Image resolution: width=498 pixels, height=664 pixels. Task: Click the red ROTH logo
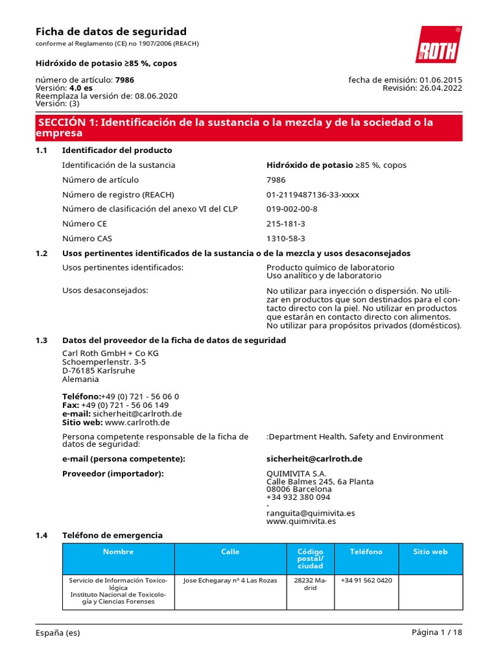438,45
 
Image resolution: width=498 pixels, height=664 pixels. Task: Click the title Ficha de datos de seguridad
111,32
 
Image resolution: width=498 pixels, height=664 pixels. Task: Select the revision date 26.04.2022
441,88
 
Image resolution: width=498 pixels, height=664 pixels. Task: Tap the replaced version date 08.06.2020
156,96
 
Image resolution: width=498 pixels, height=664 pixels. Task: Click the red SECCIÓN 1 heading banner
249,128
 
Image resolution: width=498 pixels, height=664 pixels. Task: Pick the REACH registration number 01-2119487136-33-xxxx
313,195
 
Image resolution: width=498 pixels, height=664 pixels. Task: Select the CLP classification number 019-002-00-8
292,209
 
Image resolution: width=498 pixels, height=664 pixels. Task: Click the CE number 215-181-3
285,224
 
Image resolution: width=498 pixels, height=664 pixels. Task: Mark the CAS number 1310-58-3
285,239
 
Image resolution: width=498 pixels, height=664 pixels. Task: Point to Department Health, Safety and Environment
356,437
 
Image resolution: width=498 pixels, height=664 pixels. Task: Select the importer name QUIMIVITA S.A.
296,474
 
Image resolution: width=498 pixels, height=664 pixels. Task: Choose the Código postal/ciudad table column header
310,558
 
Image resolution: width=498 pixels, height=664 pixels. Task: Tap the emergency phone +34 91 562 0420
366,580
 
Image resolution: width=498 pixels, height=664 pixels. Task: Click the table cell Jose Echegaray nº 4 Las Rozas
230,580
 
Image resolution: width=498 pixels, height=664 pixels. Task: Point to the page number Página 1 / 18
436,633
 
